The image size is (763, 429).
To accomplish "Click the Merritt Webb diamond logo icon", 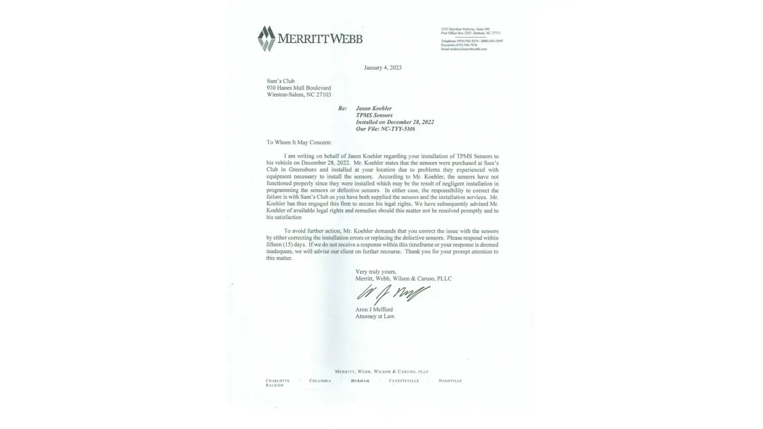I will [x=266, y=39].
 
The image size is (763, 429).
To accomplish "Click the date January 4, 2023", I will [x=382, y=67].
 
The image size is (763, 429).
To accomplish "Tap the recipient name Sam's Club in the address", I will [x=281, y=81].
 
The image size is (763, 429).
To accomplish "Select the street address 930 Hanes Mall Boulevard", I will [x=299, y=88].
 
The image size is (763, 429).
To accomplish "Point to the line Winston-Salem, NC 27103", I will [x=299, y=95].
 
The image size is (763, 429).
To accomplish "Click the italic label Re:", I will [x=342, y=109].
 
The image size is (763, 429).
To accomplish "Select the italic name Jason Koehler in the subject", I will [x=373, y=109].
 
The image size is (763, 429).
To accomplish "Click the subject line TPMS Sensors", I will [x=374, y=115].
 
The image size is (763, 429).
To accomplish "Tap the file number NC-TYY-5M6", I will [x=397, y=129].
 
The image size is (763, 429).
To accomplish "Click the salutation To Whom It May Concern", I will [x=299, y=142].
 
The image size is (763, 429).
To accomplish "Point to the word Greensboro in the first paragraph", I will [x=303, y=170].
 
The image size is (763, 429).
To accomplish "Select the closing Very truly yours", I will [x=375, y=272].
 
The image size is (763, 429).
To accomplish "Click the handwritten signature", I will [x=392, y=294].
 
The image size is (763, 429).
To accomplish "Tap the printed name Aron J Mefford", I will [x=374, y=309].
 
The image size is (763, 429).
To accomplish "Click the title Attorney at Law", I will [x=375, y=317].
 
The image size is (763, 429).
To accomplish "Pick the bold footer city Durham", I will [x=360, y=381].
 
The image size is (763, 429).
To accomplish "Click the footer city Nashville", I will [x=450, y=381].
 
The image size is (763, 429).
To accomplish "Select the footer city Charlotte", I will [x=278, y=381].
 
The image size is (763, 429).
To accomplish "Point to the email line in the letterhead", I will [x=464, y=49].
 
